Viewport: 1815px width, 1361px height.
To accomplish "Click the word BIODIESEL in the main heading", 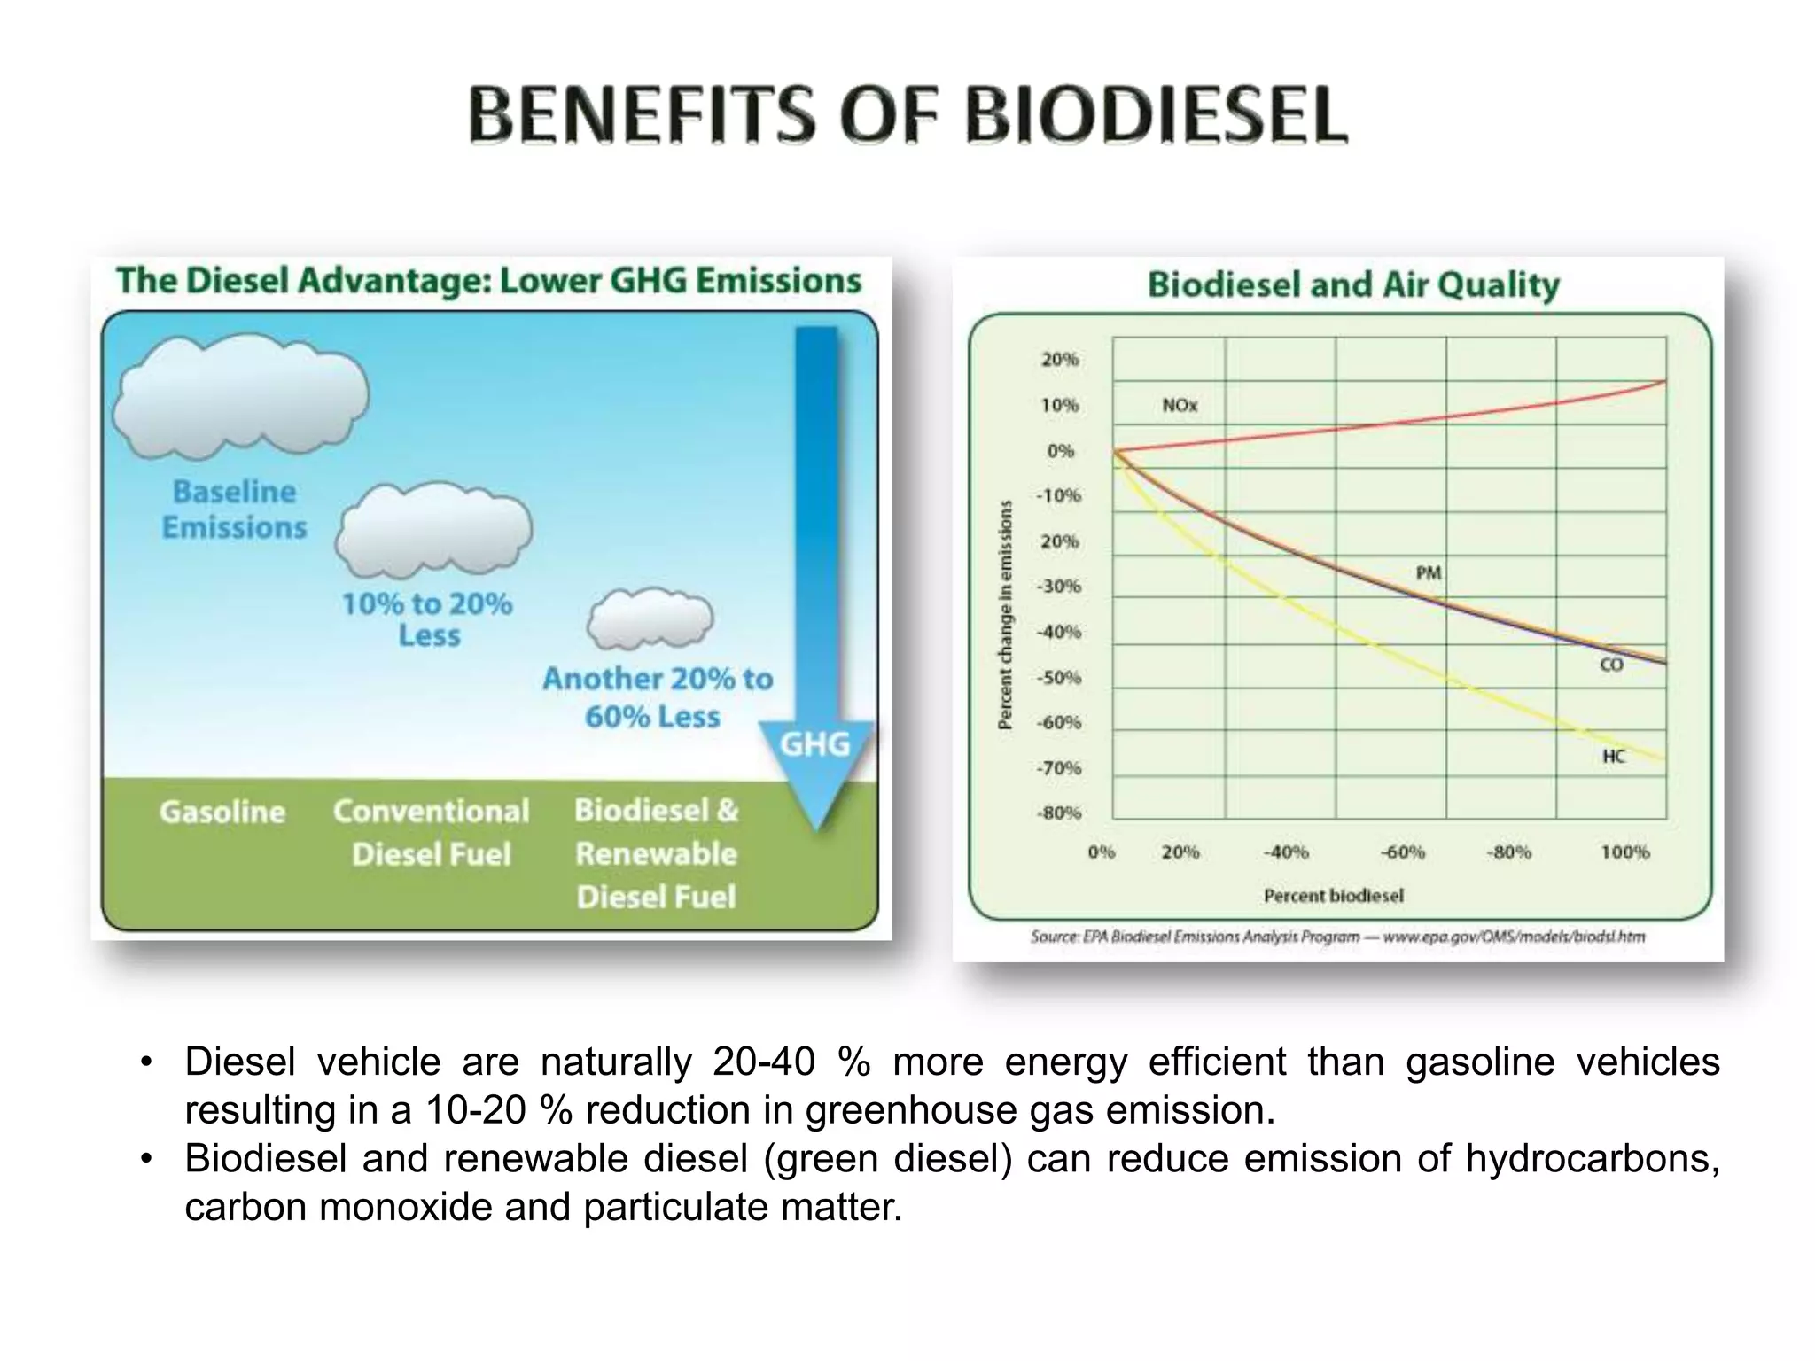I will pos(1155,116).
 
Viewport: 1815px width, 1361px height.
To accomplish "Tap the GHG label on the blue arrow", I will pos(814,744).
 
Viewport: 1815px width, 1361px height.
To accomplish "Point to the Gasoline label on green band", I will pos(222,812).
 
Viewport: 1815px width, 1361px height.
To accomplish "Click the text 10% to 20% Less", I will pos(427,619).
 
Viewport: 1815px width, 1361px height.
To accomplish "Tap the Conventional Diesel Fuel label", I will pos(431,832).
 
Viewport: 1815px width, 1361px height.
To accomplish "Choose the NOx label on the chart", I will pos(1180,405).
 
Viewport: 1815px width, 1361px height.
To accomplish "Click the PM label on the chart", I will pos(1429,573).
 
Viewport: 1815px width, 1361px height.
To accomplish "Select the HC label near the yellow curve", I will pos(1613,756).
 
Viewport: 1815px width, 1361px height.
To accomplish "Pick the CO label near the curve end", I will pos(1611,665).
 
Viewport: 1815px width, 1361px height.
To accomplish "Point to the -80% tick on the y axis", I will pos(1059,813).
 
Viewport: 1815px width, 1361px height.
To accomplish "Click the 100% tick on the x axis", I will pos(1624,852).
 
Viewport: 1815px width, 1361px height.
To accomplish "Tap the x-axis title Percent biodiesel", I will pos(1333,896).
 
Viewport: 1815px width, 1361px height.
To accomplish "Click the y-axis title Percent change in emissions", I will pos(1005,615).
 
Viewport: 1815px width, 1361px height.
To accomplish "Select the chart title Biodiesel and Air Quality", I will pos(1353,284).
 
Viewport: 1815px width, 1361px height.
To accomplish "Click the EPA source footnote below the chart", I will pos(1336,937).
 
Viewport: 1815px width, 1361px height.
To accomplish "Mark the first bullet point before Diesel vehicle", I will pos(147,1062).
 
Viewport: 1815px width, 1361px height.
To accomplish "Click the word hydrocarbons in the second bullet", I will pos(1592,1158).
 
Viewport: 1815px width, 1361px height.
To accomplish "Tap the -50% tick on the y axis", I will pos(1059,678).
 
